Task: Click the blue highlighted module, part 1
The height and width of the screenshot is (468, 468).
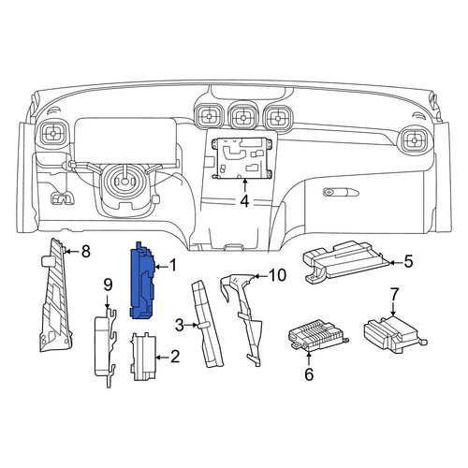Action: [x=142, y=281]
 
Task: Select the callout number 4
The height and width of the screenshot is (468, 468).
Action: [x=245, y=201]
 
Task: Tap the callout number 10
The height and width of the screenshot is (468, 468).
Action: [x=277, y=275]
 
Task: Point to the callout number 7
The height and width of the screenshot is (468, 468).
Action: [x=394, y=294]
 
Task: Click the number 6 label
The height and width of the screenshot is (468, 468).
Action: [x=309, y=374]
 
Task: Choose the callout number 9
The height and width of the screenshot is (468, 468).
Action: [x=108, y=285]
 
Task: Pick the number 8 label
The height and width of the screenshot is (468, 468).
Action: [x=85, y=251]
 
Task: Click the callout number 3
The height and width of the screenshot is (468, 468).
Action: [x=180, y=326]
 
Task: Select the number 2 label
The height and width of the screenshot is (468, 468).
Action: [x=175, y=357]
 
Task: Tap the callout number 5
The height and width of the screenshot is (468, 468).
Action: [x=408, y=261]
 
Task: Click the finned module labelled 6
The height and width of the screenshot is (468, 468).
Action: [x=316, y=336]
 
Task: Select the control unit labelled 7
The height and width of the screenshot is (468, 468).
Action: [x=394, y=334]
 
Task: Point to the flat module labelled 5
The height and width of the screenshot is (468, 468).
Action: [x=344, y=261]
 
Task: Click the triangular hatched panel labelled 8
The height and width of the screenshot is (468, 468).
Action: [x=55, y=297]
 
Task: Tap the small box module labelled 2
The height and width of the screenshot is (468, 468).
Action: [x=143, y=357]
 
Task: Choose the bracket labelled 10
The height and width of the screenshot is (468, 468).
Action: [x=245, y=315]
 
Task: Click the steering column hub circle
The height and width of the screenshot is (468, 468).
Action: [x=124, y=181]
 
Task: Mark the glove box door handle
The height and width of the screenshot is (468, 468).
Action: [x=341, y=192]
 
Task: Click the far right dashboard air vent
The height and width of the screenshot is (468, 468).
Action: [x=415, y=140]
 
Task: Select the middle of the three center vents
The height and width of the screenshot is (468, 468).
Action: [x=242, y=118]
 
